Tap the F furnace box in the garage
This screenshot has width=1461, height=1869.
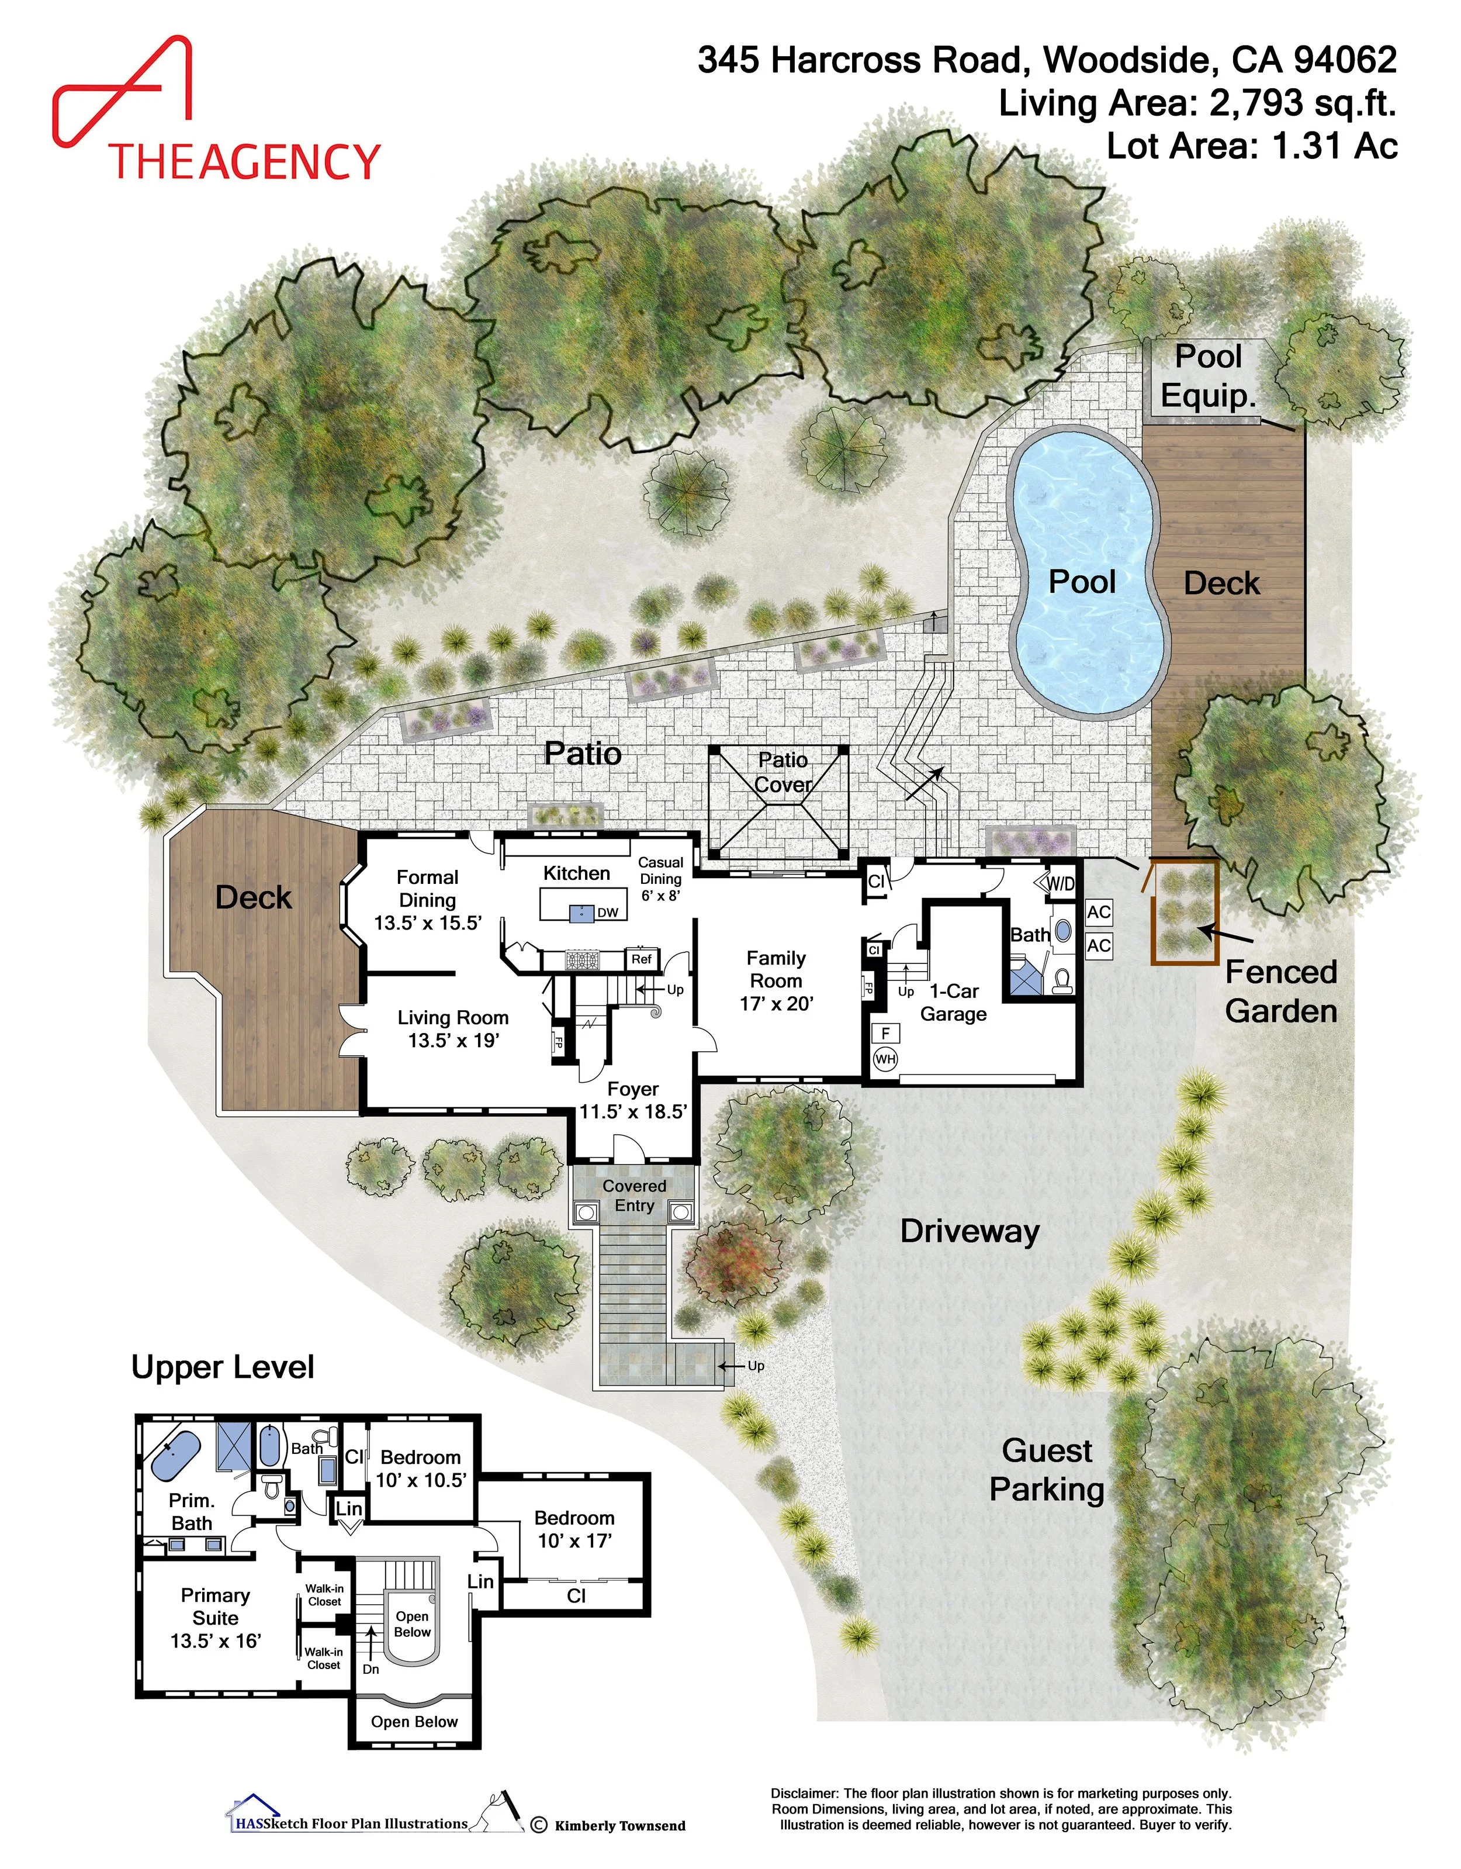pos(885,1034)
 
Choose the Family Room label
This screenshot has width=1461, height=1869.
pos(776,981)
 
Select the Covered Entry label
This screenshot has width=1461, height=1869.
pos(634,1196)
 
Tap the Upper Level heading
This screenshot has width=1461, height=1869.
pos(223,1367)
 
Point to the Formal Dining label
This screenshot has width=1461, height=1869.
pos(428,899)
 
